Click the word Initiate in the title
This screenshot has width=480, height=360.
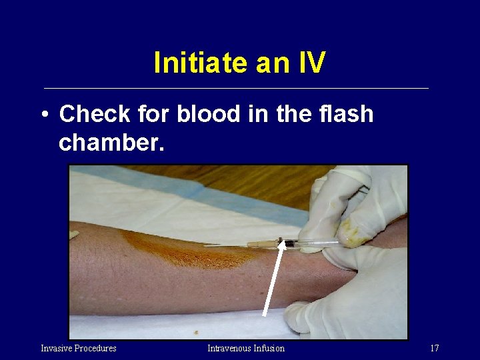click(x=198, y=63)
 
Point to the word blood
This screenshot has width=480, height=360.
click(x=207, y=114)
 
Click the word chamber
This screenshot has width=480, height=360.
click(x=111, y=143)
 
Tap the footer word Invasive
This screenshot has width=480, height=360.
click(x=57, y=348)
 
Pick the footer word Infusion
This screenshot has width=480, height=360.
click(x=269, y=348)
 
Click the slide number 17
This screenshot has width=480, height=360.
click(x=435, y=348)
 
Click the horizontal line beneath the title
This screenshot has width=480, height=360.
click(x=236, y=88)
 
